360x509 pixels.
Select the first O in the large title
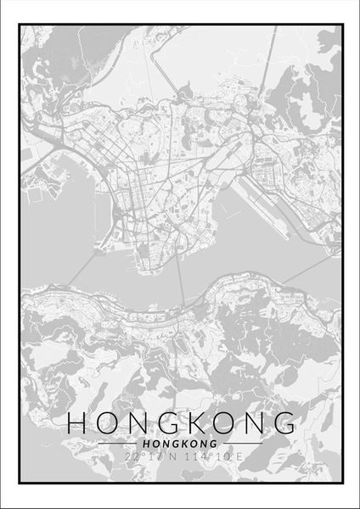105,422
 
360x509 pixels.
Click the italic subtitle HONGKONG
179,444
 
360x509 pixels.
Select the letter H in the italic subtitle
149,444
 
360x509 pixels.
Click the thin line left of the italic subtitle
119,444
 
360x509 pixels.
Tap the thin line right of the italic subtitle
239,444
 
